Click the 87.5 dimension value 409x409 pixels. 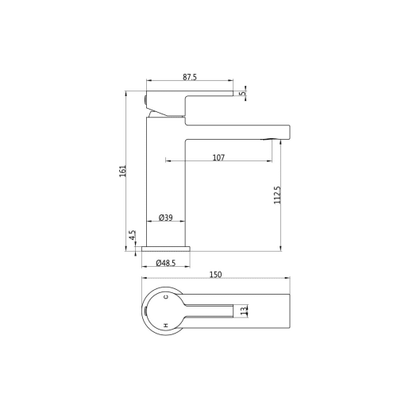(x=189, y=77)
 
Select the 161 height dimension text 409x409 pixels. (x=123, y=170)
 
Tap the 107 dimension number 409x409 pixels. (x=218, y=157)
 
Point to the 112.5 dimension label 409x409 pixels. (x=277, y=195)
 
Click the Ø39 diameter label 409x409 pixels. (x=166, y=217)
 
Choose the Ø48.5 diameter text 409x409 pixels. (x=165, y=262)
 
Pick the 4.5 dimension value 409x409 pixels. (x=132, y=236)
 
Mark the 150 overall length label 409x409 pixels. (x=215, y=275)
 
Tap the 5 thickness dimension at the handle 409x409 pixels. (x=244, y=93)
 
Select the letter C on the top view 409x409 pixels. (x=165, y=297)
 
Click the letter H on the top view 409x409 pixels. (x=165, y=325)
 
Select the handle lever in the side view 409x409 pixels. (x=191, y=98)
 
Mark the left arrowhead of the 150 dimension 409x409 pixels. (x=144, y=280)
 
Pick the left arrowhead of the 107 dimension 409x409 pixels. (x=168, y=162)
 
